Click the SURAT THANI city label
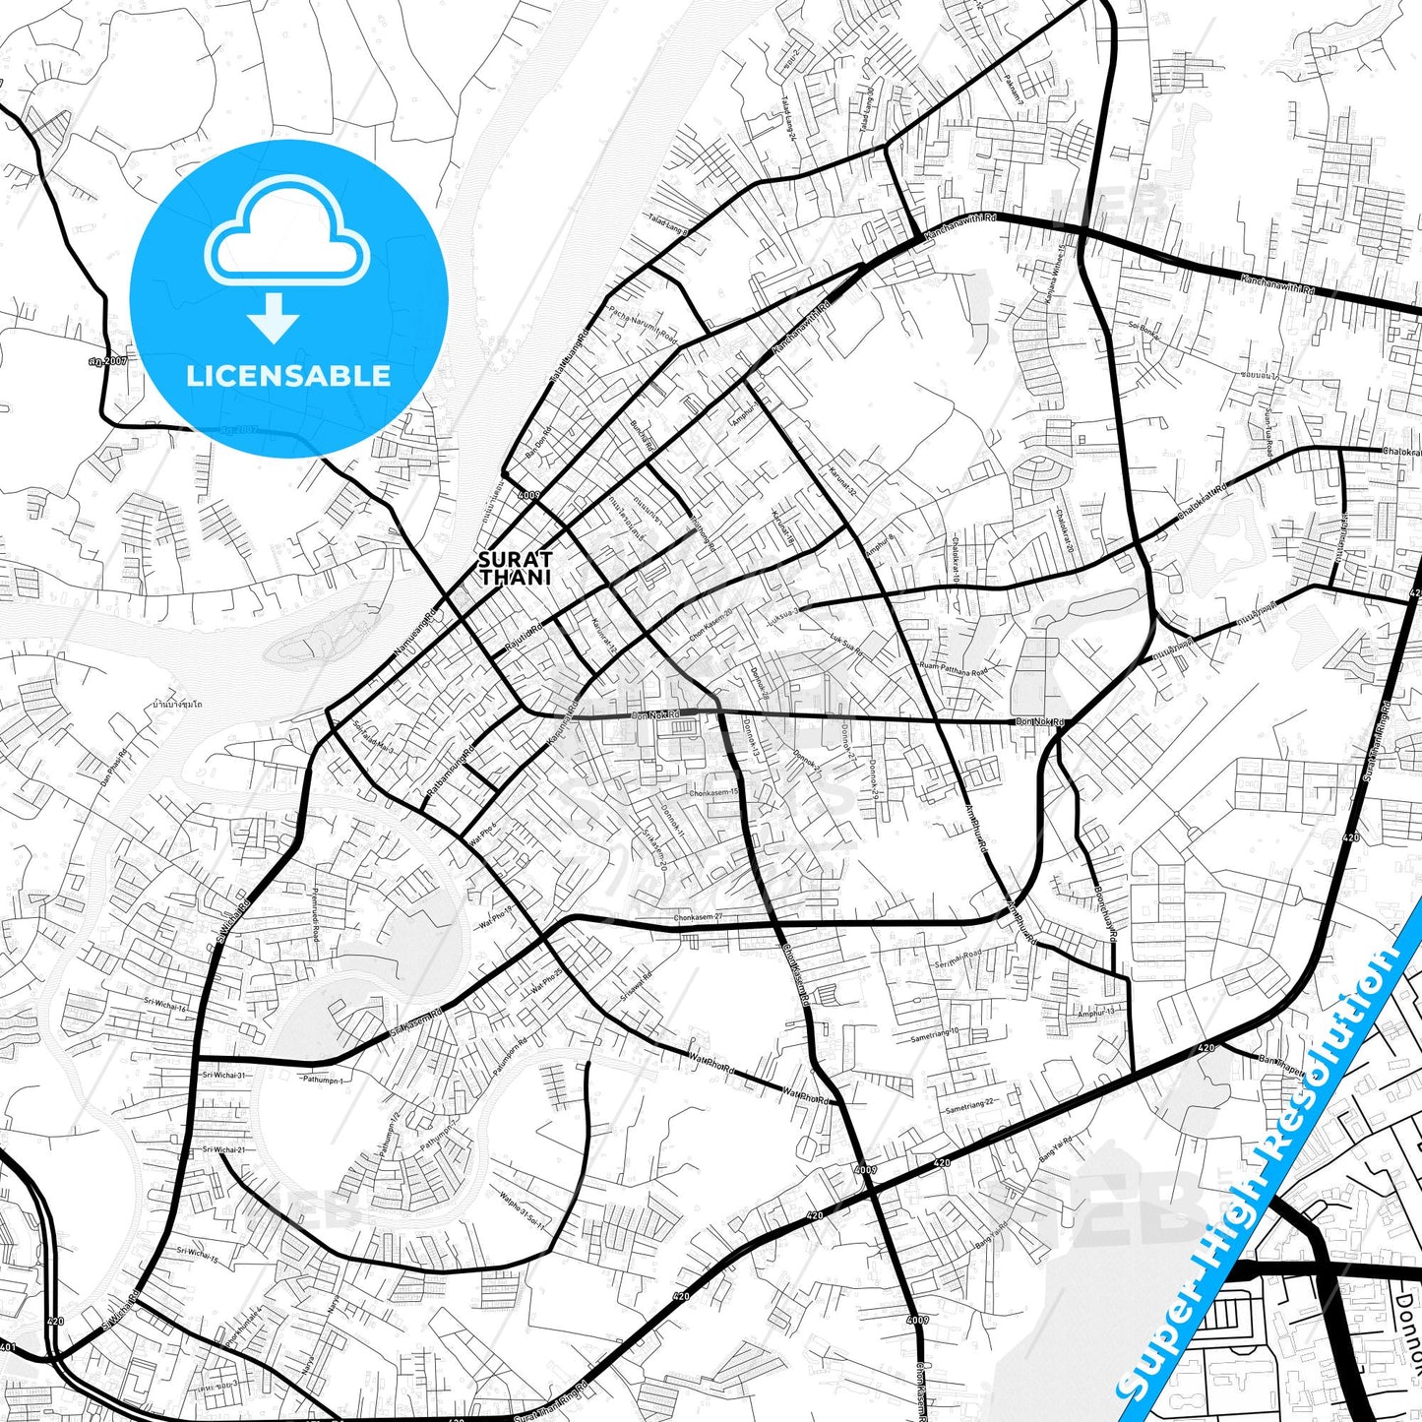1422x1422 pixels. pyautogui.click(x=515, y=569)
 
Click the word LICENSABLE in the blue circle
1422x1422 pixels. pyautogui.click(x=287, y=376)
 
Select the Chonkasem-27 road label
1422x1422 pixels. pyautogui.click(x=699, y=918)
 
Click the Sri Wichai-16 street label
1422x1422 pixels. pyautogui.click(x=164, y=1006)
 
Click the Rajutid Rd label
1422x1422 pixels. pyautogui.click(x=524, y=638)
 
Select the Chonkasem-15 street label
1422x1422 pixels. pyautogui.click(x=713, y=792)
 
